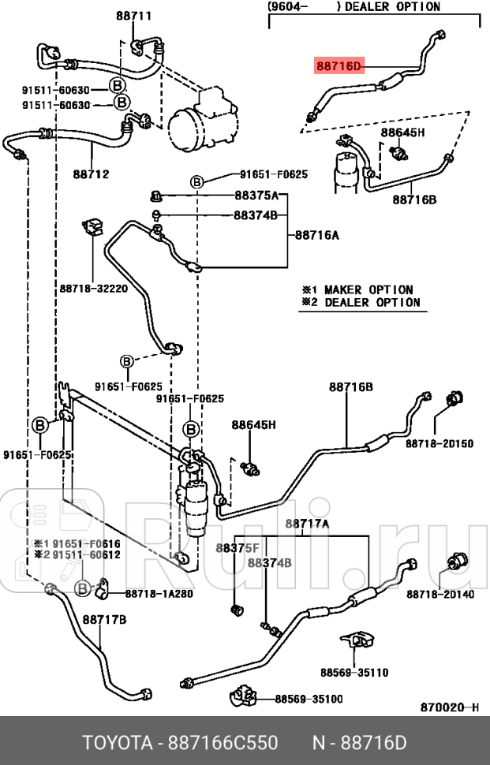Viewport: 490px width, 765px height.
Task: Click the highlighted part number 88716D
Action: click(x=339, y=67)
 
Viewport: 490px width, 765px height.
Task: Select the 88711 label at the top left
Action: click(x=133, y=15)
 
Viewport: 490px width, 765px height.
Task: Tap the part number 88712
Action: click(x=91, y=174)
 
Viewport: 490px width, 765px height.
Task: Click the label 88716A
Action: click(x=317, y=234)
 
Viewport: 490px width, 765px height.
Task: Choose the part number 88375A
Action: click(x=256, y=195)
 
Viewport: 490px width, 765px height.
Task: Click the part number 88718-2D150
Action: click(x=440, y=443)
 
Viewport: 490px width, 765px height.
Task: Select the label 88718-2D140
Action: click(x=440, y=594)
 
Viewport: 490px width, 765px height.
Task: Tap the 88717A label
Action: click(x=307, y=524)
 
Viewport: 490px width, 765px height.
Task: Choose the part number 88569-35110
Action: click(x=354, y=673)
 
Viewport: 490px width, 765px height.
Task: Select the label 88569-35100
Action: click(x=309, y=699)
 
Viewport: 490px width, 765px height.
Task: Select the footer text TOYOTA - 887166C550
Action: click(x=180, y=743)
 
